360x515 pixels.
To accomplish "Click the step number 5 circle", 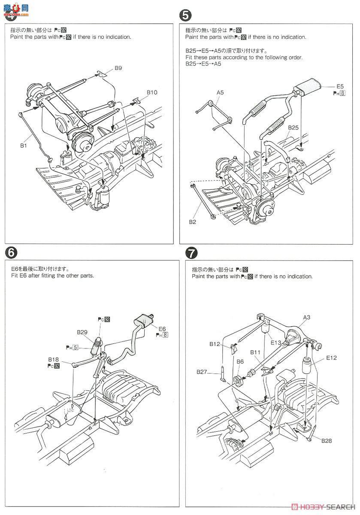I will click(x=185, y=15).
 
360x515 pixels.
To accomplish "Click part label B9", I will click(x=118, y=68).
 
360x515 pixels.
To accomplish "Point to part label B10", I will click(x=152, y=92).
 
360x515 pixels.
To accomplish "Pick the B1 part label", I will click(x=24, y=146).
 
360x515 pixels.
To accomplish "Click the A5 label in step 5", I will click(x=220, y=92).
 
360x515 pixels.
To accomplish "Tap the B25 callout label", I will click(x=293, y=127).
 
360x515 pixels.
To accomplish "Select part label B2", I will click(x=192, y=222).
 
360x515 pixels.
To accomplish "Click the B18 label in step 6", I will click(x=54, y=359).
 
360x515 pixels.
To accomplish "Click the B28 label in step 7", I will click(x=325, y=440).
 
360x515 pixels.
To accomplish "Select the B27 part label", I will click(x=203, y=372).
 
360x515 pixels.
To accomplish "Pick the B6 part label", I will click(x=240, y=362).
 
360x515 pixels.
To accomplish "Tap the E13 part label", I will click(x=276, y=342).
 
